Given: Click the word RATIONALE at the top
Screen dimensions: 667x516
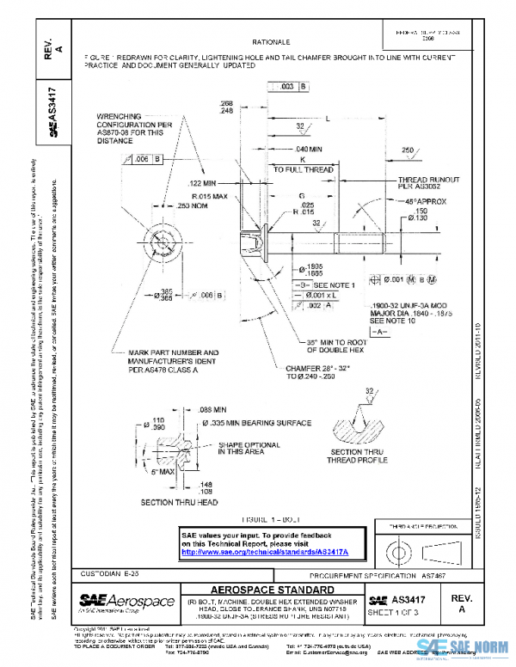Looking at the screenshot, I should (x=271, y=41).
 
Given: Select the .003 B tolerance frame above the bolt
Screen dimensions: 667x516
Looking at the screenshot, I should (x=288, y=87).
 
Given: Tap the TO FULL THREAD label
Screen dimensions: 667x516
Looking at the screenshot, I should (x=303, y=170).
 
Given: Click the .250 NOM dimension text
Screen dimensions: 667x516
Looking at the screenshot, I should (x=194, y=206).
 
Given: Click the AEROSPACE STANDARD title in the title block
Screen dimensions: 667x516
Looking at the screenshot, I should (x=271, y=589).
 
